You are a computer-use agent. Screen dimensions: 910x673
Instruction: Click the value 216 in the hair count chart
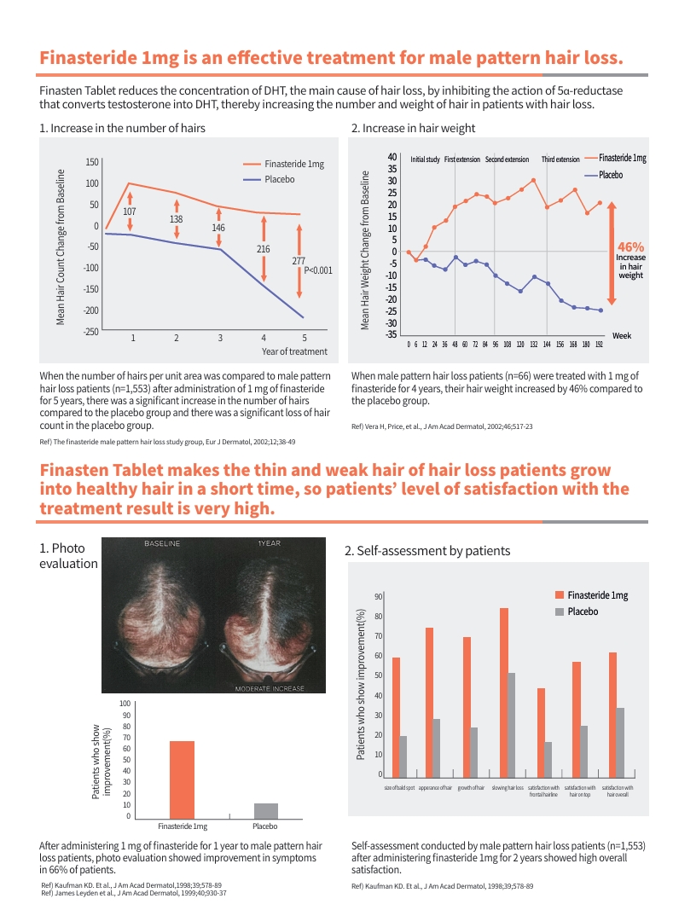(x=263, y=249)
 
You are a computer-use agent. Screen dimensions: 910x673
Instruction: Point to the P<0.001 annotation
(x=317, y=270)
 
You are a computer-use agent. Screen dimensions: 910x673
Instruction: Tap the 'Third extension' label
(x=560, y=159)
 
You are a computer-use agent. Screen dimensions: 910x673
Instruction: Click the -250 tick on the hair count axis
(x=90, y=332)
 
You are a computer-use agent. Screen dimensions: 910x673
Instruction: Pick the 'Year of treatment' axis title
(x=294, y=351)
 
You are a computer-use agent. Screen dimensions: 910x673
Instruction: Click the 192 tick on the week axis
(x=599, y=345)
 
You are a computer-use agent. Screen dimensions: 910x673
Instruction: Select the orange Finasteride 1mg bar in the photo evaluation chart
(x=182, y=779)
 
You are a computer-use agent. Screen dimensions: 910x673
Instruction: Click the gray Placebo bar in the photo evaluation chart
(x=265, y=810)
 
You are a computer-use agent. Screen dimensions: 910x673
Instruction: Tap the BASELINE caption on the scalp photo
(x=161, y=543)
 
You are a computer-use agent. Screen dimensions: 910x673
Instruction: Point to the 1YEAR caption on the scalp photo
(x=270, y=543)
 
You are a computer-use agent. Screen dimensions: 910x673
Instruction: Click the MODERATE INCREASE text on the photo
(x=269, y=688)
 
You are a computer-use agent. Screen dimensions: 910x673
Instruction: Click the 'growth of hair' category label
(x=472, y=788)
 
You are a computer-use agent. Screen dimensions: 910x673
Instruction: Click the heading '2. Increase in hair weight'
(x=413, y=128)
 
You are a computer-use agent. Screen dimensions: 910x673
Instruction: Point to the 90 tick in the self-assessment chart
(x=378, y=597)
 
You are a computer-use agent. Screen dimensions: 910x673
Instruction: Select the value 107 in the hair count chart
(x=130, y=211)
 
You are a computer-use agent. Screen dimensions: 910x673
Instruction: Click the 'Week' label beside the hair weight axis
(x=622, y=336)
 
